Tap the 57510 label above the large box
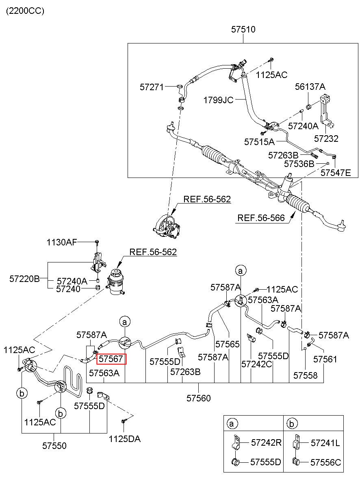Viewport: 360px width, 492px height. point(243,29)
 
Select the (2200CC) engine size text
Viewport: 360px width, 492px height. point(25,11)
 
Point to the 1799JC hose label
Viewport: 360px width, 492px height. point(218,100)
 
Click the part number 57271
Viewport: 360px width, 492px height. point(152,87)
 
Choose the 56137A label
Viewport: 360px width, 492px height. point(310,87)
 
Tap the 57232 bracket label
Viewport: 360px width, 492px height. point(326,139)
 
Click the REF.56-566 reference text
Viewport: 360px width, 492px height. point(261,218)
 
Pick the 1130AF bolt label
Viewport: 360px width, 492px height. point(62,242)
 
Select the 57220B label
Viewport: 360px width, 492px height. point(24,279)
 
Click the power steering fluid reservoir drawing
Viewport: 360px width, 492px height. point(116,282)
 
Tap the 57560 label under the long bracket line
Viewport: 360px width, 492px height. point(198,398)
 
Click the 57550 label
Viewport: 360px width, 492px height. point(54,446)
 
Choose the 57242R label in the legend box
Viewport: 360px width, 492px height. point(266,442)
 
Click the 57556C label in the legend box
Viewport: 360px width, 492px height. point(325,463)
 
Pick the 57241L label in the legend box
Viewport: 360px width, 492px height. point(325,443)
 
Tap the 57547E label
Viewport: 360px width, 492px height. point(336,173)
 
